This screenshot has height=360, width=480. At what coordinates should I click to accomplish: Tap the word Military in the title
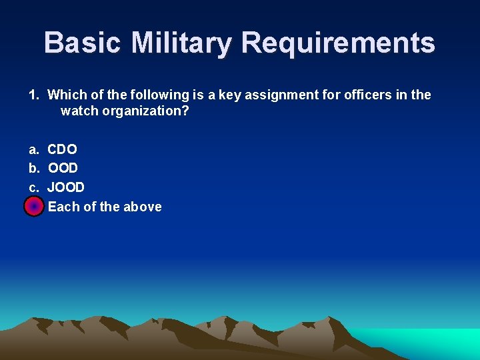pyautogui.click(x=181, y=43)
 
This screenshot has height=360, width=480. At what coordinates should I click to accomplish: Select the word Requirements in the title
pyautogui.click(x=338, y=43)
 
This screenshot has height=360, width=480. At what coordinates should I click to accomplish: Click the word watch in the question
pyautogui.click(x=77, y=111)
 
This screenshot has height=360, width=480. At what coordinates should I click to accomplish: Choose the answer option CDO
pyautogui.click(x=62, y=149)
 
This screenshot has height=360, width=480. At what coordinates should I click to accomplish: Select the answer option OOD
pyautogui.click(x=63, y=168)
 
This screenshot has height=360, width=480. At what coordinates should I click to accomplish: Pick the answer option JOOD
pyautogui.click(x=66, y=187)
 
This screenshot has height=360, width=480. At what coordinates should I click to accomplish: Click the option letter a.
pyautogui.click(x=33, y=149)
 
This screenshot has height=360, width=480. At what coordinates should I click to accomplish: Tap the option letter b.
pyautogui.click(x=33, y=168)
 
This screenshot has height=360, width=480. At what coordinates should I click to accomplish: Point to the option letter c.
pyautogui.click(x=33, y=187)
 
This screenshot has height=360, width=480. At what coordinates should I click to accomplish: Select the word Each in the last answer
pyautogui.click(x=63, y=207)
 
